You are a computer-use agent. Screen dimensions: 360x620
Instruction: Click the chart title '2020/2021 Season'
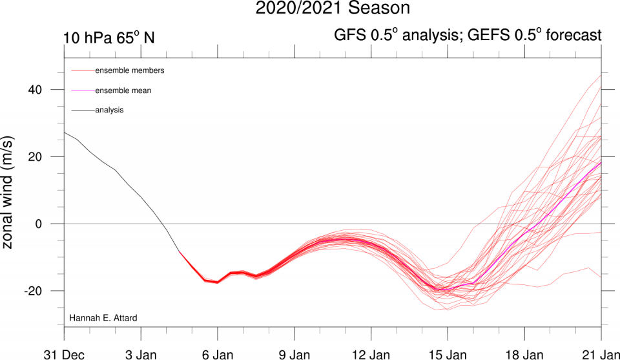[x=333, y=8]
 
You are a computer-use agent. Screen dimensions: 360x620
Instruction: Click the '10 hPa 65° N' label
[x=108, y=37]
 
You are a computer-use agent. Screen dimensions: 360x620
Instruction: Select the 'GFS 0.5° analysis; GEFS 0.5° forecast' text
[x=468, y=36]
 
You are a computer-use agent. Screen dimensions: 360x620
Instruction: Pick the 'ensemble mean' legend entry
[x=123, y=90]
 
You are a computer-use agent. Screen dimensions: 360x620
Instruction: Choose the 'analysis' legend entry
[x=109, y=110]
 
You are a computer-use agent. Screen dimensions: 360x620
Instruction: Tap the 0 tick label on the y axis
[x=48, y=224]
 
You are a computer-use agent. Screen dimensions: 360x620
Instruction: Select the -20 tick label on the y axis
[x=42, y=291]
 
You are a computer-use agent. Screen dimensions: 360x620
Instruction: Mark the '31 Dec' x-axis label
[x=63, y=354]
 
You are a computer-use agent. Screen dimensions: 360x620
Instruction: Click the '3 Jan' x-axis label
[x=140, y=354]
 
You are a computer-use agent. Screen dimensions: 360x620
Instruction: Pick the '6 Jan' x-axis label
[x=217, y=354]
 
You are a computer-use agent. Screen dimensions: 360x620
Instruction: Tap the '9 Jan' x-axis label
[x=294, y=354]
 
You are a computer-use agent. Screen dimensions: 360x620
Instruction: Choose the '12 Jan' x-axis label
[x=371, y=354]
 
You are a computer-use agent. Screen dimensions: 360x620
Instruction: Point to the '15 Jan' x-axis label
[x=448, y=354]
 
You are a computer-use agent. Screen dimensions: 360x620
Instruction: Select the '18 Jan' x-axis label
[x=524, y=354]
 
